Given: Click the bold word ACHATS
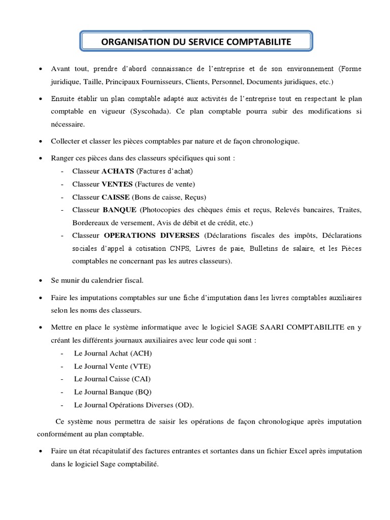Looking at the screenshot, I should [118, 171].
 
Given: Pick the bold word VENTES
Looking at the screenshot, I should [118, 184].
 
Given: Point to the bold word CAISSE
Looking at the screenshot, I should [116, 197].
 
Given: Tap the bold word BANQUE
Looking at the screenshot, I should [119, 210].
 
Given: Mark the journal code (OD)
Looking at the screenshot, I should [184, 405].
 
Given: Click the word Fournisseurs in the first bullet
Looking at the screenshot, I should [151, 81].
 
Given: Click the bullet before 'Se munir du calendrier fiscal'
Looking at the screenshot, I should [41, 280].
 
